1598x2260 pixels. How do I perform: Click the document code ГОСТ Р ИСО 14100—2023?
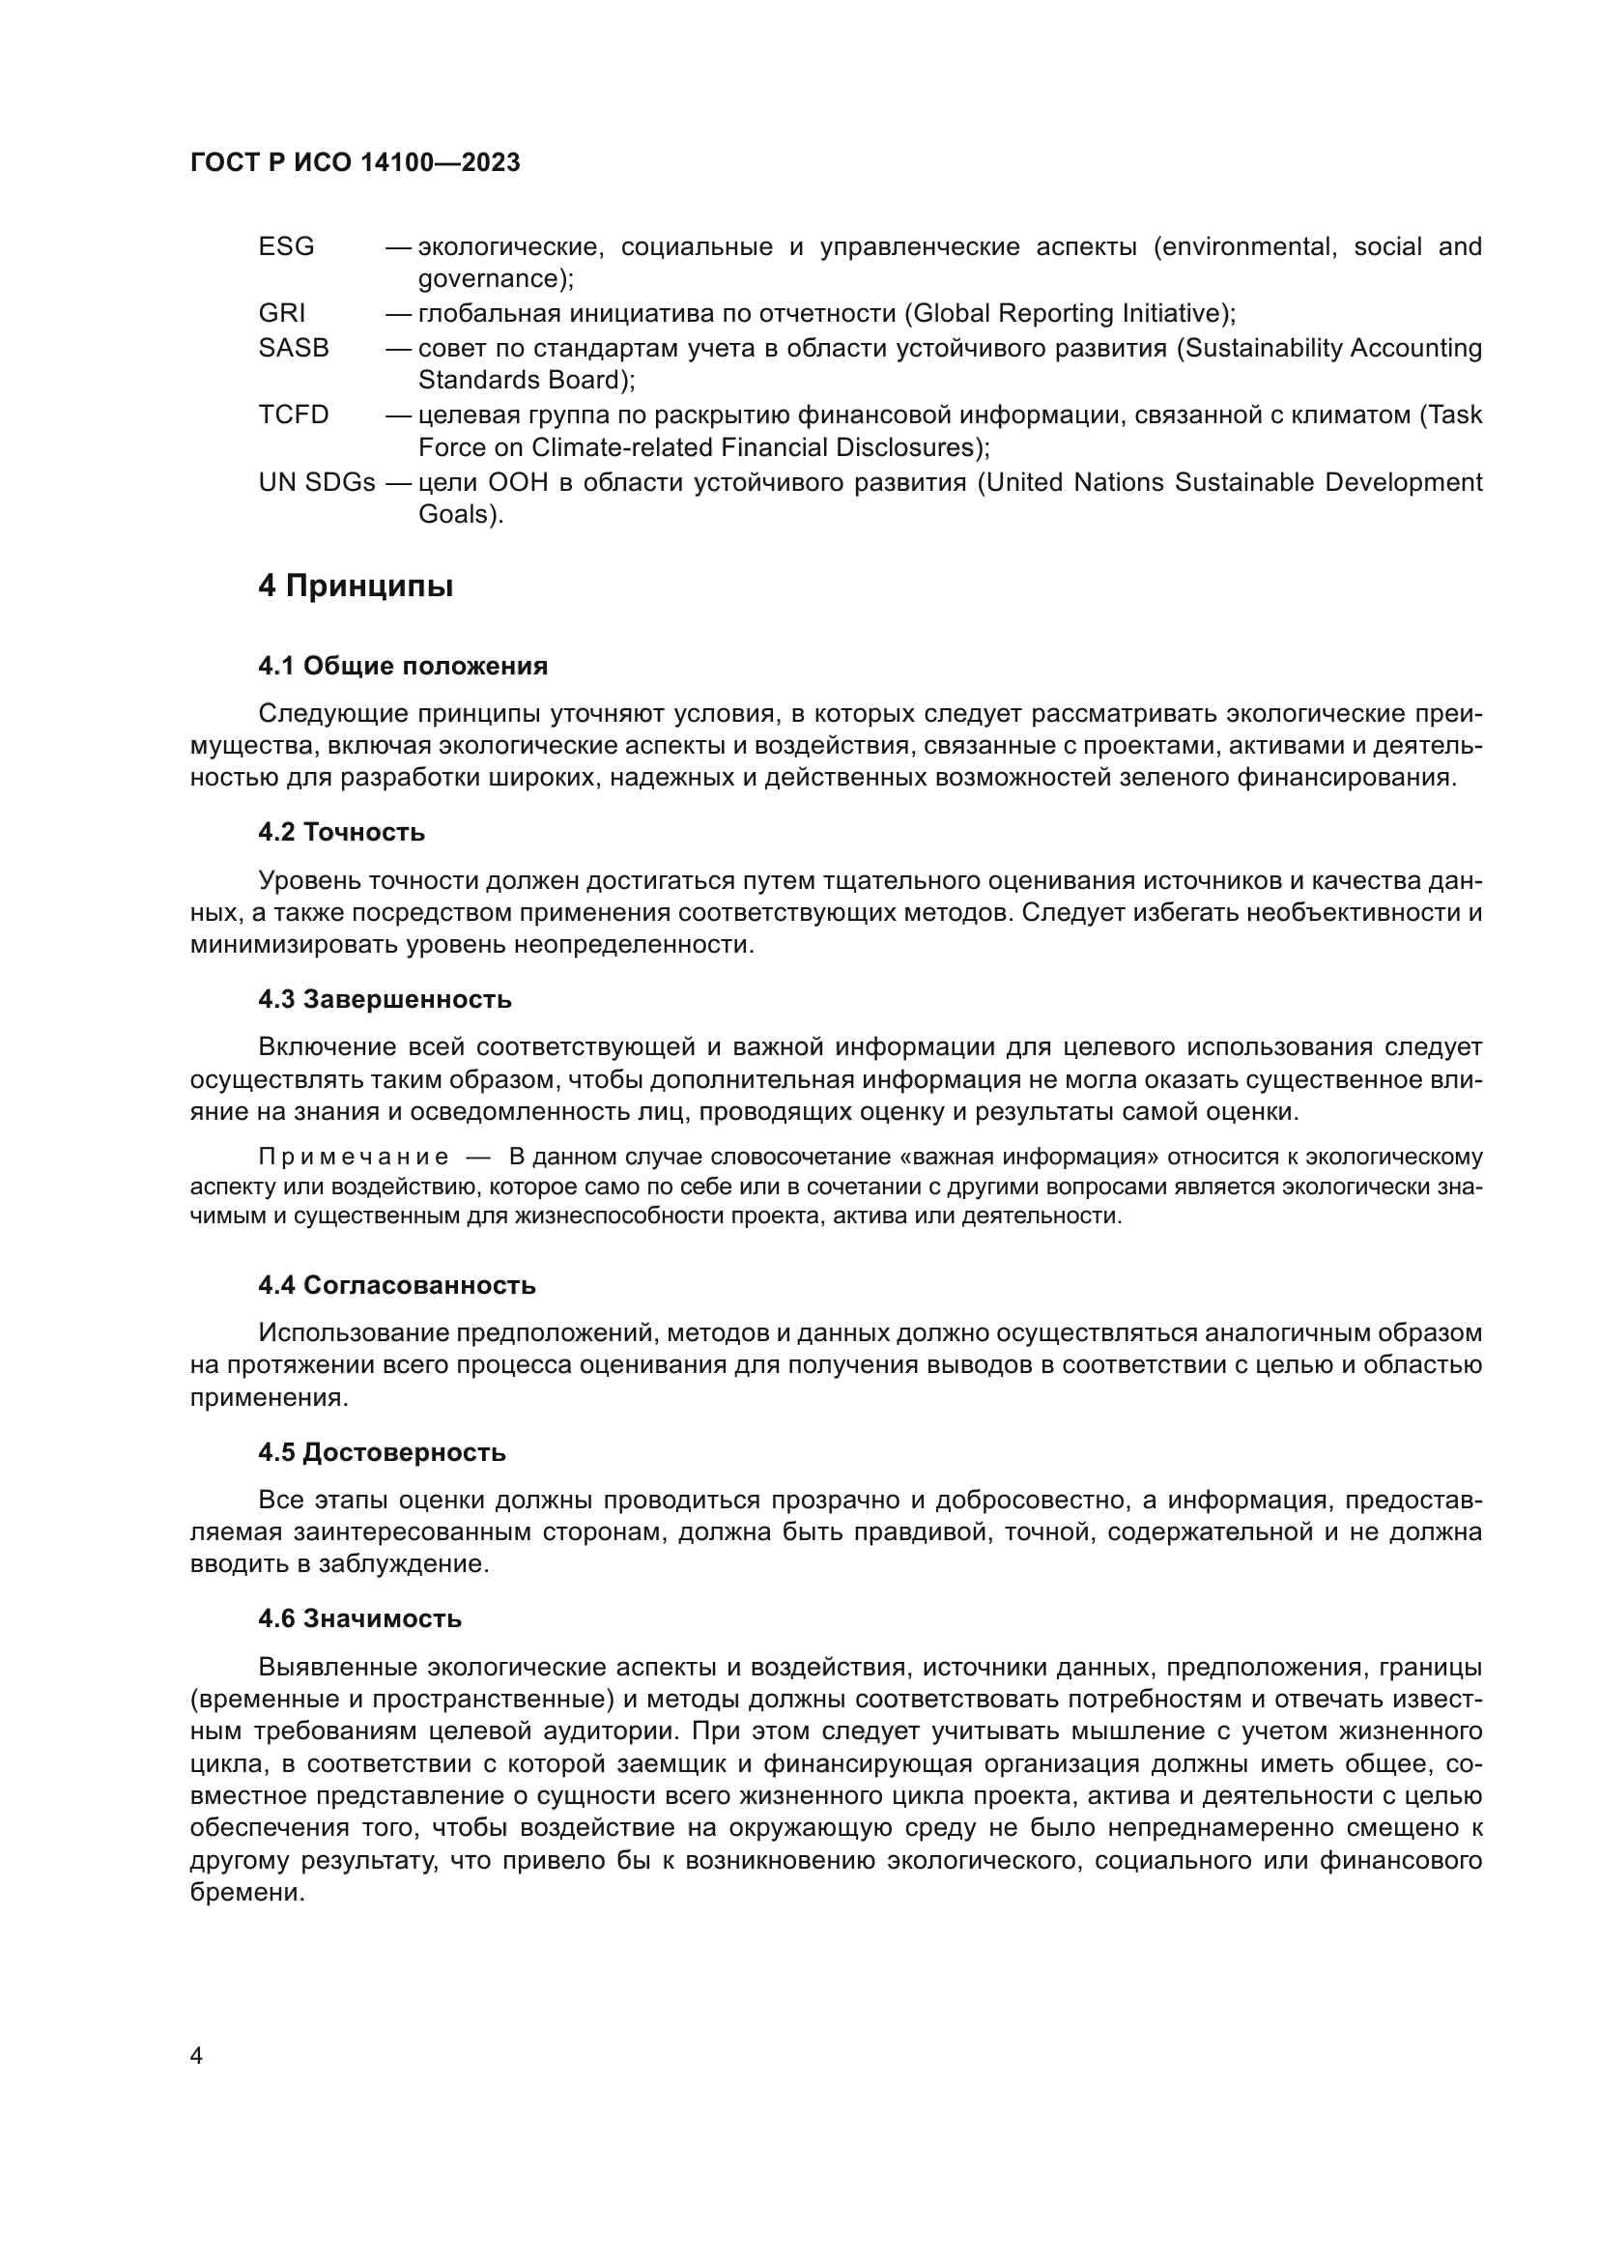point(356,163)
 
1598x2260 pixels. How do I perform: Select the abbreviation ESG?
point(286,247)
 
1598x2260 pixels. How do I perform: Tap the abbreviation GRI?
point(282,314)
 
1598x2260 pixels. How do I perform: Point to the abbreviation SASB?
point(295,349)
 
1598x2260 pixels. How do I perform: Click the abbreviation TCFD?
point(295,415)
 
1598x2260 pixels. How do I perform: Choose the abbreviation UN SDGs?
point(317,482)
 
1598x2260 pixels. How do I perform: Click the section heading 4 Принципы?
point(357,586)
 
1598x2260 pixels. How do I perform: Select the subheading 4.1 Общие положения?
point(403,667)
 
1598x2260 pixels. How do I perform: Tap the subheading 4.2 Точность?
point(341,833)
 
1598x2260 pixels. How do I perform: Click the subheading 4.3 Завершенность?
point(385,1000)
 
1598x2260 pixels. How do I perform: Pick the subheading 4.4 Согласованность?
point(396,1285)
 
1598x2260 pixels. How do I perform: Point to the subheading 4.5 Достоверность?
point(382,1453)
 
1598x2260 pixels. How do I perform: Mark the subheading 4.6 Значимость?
point(360,1619)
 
